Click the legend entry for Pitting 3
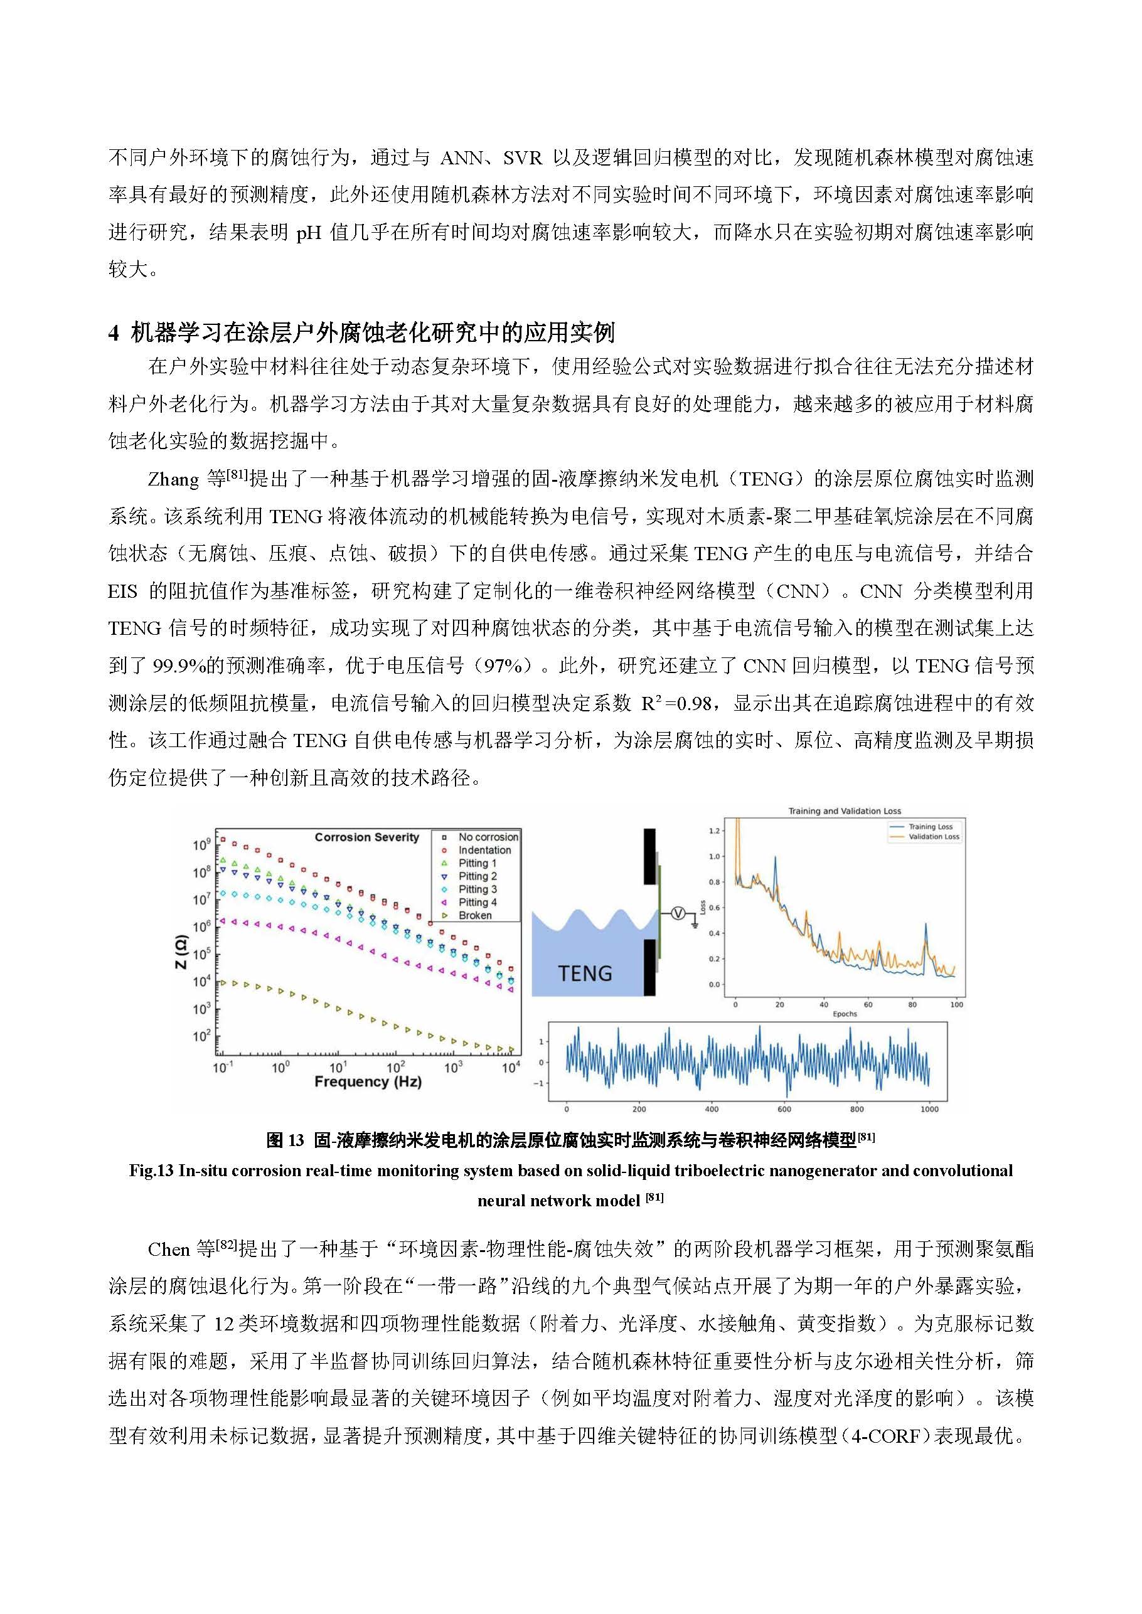pos(478,889)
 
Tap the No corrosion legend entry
pos(488,837)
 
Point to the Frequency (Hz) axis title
pos(368,1082)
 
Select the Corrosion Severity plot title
pos(366,837)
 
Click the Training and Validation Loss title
pos(844,811)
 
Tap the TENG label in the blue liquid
pos(584,974)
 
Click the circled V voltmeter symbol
pos(678,913)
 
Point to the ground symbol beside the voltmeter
pos(695,924)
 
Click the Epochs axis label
pos(845,1014)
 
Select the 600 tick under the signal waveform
pos(784,1109)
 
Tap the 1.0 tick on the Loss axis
pos(715,856)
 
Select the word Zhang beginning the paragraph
pos(173,480)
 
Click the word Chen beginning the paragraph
pos(169,1250)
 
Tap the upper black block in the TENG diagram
pos(650,856)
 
